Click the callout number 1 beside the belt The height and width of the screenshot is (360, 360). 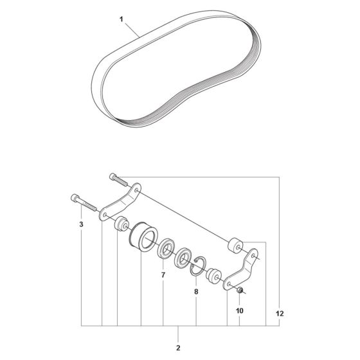tap(122, 19)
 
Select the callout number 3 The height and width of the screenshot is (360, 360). tap(81, 224)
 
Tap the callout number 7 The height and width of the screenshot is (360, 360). tap(163, 275)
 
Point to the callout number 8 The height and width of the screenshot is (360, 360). tap(196, 292)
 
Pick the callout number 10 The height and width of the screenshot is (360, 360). tap(239, 310)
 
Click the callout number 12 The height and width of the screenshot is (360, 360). tap(280, 314)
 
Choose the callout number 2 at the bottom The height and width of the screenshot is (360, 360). tap(178, 348)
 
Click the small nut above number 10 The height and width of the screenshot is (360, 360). tap(240, 290)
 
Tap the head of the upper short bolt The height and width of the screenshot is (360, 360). tap(113, 177)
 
